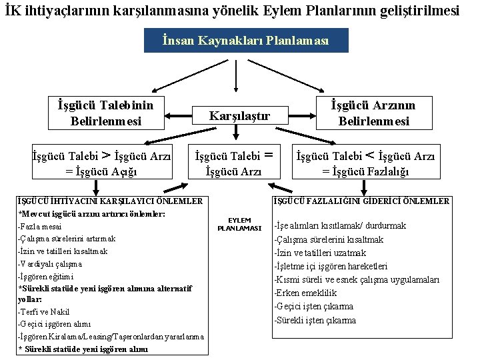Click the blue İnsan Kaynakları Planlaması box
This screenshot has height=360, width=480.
click(x=246, y=41)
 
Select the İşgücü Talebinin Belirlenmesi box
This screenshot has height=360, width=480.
click(x=105, y=113)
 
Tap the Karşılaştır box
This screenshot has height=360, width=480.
click(x=239, y=116)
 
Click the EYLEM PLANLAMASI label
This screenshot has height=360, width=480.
click(x=239, y=224)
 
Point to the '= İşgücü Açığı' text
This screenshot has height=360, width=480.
click(x=101, y=171)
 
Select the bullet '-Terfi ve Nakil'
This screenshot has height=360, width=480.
click(x=43, y=311)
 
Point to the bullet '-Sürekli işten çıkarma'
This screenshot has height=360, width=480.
click(x=315, y=320)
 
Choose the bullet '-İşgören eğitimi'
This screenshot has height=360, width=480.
click(x=46, y=276)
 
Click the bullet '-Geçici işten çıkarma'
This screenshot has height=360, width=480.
click(x=313, y=307)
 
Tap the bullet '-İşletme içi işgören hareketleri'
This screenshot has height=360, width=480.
click(x=331, y=266)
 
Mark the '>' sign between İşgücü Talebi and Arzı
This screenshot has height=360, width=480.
click(x=105, y=156)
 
